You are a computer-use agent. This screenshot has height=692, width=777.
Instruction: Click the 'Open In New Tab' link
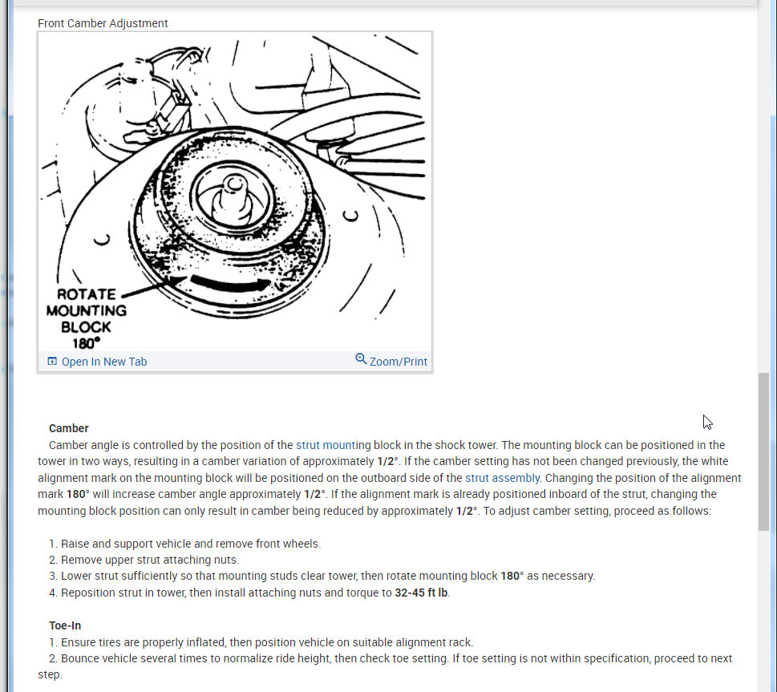pyautogui.click(x=104, y=362)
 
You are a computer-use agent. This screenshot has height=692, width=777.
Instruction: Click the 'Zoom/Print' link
pyautogui.click(x=398, y=362)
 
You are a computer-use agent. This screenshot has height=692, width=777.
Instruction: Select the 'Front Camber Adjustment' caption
pyautogui.click(x=103, y=23)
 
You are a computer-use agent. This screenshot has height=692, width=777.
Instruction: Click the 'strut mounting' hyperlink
pyautogui.click(x=334, y=445)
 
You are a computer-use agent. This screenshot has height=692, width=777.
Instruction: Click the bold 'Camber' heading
pyautogui.click(x=69, y=428)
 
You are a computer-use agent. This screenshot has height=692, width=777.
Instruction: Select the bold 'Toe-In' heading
pyautogui.click(x=65, y=625)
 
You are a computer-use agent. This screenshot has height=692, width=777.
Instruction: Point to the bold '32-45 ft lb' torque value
pyautogui.click(x=421, y=593)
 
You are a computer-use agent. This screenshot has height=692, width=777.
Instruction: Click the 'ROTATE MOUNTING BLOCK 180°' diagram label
pyautogui.click(x=86, y=318)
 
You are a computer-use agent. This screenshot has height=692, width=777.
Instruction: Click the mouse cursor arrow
pyautogui.click(x=707, y=422)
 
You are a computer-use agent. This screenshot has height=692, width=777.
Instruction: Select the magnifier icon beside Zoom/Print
pyautogui.click(x=361, y=359)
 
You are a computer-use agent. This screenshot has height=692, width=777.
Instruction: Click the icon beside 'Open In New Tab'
pyautogui.click(x=52, y=362)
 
